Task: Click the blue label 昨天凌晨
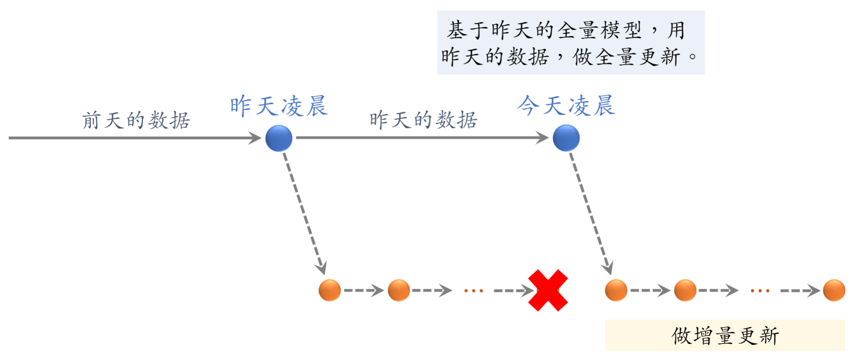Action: click(279, 106)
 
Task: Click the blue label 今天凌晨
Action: click(566, 106)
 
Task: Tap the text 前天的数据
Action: click(136, 120)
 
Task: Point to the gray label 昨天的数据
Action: click(423, 120)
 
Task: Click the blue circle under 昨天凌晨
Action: click(279, 138)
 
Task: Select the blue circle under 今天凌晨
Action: click(566, 138)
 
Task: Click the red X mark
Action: click(548, 290)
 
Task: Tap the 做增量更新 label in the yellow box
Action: click(725, 336)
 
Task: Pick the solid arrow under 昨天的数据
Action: click(422, 138)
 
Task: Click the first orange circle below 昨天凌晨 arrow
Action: click(330, 290)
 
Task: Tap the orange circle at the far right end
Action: click(834, 290)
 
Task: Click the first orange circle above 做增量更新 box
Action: click(616, 290)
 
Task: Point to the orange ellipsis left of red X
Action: click(473, 291)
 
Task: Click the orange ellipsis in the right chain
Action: click(760, 291)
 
